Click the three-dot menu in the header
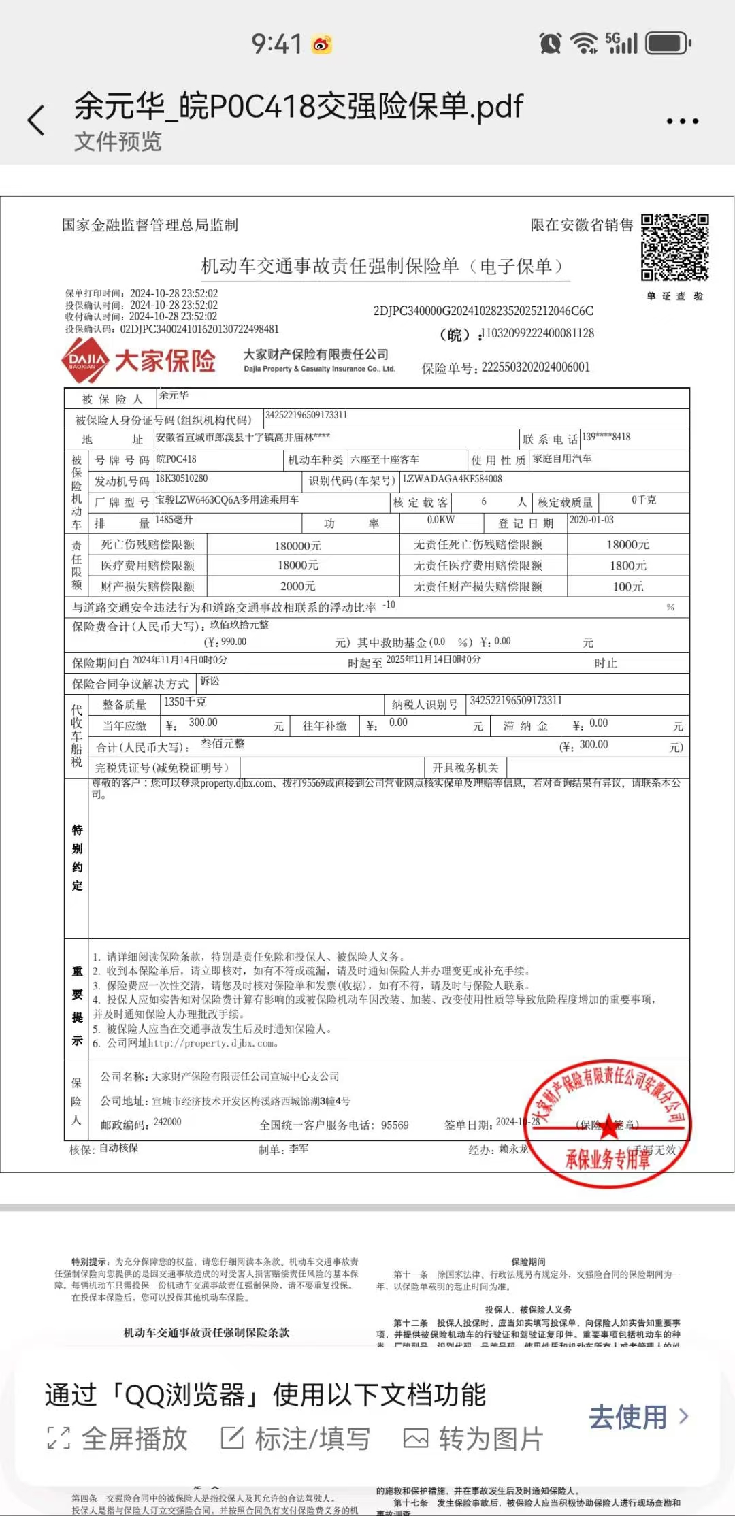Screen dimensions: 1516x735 click(x=682, y=121)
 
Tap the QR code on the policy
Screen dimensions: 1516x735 click(x=674, y=248)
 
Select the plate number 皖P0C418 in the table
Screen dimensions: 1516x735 click(x=176, y=459)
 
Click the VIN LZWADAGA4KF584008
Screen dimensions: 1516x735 click(x=453, y=479)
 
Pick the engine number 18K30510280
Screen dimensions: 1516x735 click(x=182, y=478)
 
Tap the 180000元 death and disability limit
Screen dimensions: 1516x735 click(x=298, y=546)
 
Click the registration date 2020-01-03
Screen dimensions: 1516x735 click(x=591, y=520)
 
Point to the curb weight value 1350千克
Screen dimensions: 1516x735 click(x=185, y=702)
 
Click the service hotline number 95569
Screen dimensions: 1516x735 click(x=395, y=1125)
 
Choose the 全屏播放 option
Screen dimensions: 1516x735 click(x=117, y=1438)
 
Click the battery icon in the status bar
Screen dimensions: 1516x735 click(x=668, y=44)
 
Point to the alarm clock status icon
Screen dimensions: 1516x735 click(x=550, y=44)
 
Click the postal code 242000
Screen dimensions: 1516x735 click(x=167, y=1122)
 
